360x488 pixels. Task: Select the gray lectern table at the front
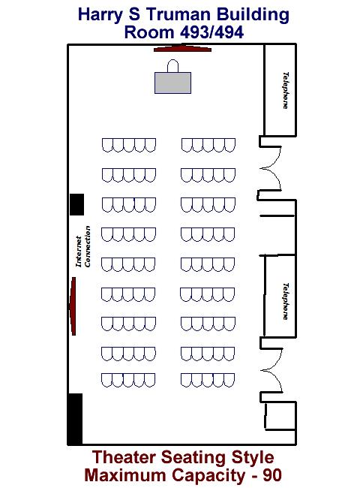pos(172,83)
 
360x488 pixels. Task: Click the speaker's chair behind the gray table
pos(172,65)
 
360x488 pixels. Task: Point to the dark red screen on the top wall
pos(182,48)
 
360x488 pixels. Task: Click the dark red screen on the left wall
pos(73,306)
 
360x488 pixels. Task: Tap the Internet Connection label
pos(83,246)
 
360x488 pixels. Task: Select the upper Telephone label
pos(286,90)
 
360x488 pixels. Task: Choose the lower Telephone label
pos(286,301)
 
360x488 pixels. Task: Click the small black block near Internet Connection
pos(76,204)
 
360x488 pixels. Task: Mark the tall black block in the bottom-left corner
pos(76,419)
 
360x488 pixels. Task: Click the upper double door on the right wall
pos(271,168)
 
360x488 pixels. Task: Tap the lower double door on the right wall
pos(271,370)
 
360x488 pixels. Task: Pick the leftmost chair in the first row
pos(107,146)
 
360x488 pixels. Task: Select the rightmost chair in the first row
pos(229,146)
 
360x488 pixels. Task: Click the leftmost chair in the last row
pos(106,381)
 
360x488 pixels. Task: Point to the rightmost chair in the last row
pos(229,381)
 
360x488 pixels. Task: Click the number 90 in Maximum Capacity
pos(272,475)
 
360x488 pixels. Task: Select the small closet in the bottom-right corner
pos(280,416)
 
